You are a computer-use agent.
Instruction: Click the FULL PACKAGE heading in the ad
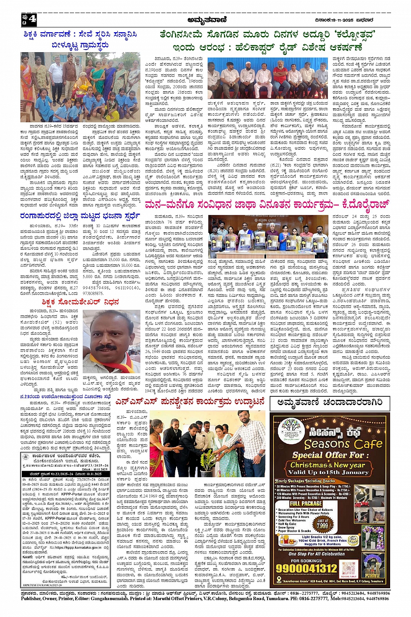coord(306,503)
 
